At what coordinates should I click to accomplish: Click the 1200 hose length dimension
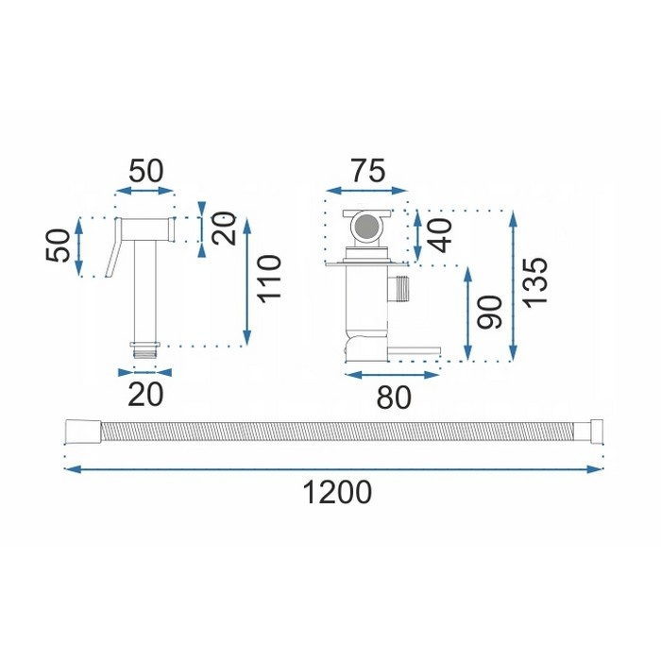click(337, 492)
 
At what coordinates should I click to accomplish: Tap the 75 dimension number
click(368, 171)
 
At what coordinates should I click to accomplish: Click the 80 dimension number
click(394, 398)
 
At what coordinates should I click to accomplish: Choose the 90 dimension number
click(489, 312)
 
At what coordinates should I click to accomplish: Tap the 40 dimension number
click(441, 236)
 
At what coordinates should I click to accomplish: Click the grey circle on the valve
click(366, 227)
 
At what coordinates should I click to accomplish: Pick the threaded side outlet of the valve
click(398, 289)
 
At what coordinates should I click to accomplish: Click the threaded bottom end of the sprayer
click(145, 350)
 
